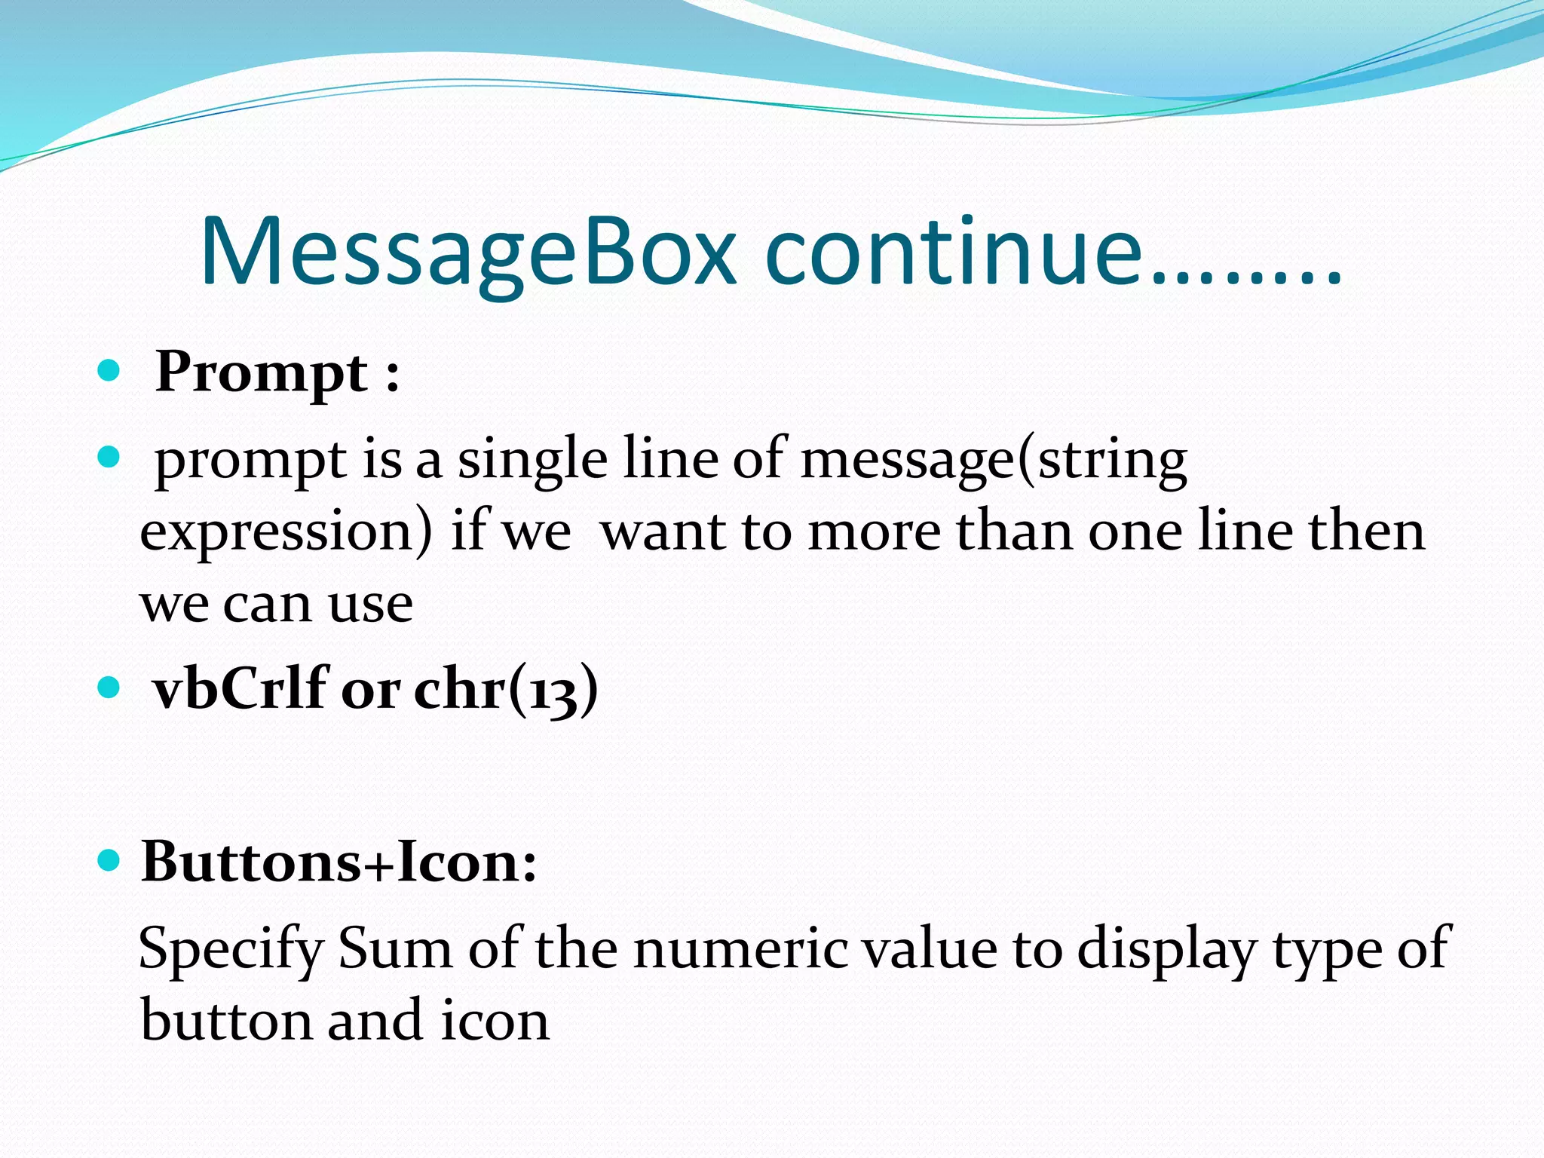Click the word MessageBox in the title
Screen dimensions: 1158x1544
pyautogui.click(x=467, y=253)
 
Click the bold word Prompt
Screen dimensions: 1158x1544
pyautogui.click(x=261, y=373)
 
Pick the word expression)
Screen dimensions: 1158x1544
pyautogui.click(x=286, y=532)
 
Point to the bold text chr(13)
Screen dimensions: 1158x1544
pyautogui.click(x=506, y=689)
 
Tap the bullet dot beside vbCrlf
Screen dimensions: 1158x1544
pyautogui.click(x=109, y=687)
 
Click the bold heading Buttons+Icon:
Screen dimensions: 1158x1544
pyautogui.click(x=339, y=862)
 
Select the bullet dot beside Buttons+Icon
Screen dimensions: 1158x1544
pyautogui.click(x=109, y=860)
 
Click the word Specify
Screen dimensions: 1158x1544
pyautogui.click(x=231, y=950)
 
